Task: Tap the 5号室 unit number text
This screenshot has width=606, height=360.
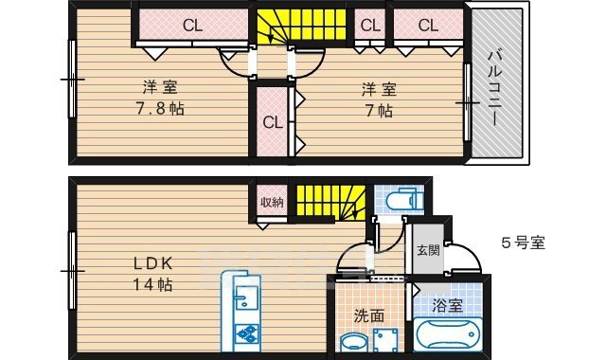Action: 523,243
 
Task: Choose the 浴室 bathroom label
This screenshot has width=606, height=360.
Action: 448,307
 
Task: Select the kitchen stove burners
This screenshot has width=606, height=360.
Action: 245,334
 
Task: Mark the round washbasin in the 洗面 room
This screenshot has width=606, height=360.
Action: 354,342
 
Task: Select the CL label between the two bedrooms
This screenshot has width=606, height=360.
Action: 273,122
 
